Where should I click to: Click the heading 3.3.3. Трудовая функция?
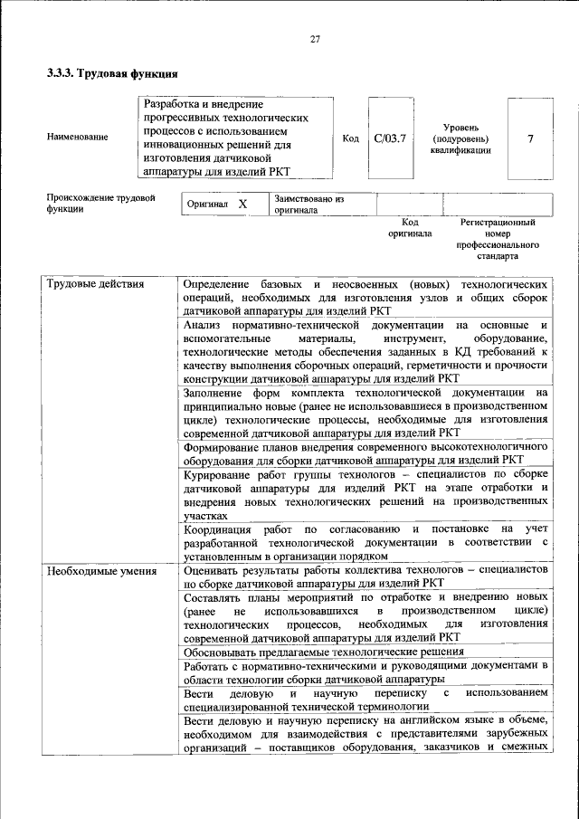click(x=111, y=73)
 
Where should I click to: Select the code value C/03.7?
click(x=390, y=138)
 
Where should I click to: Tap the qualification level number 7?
click(x=530, y=138)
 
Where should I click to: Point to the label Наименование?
click(x=77, y=137)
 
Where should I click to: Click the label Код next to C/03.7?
click(x=350, y=138)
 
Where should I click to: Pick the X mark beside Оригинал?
click(x=242, y=205)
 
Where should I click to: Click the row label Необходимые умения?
click(x=101, y=571)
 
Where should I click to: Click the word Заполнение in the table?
click(x=215, y=393)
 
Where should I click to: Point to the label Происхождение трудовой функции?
click(x=100, y=203)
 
